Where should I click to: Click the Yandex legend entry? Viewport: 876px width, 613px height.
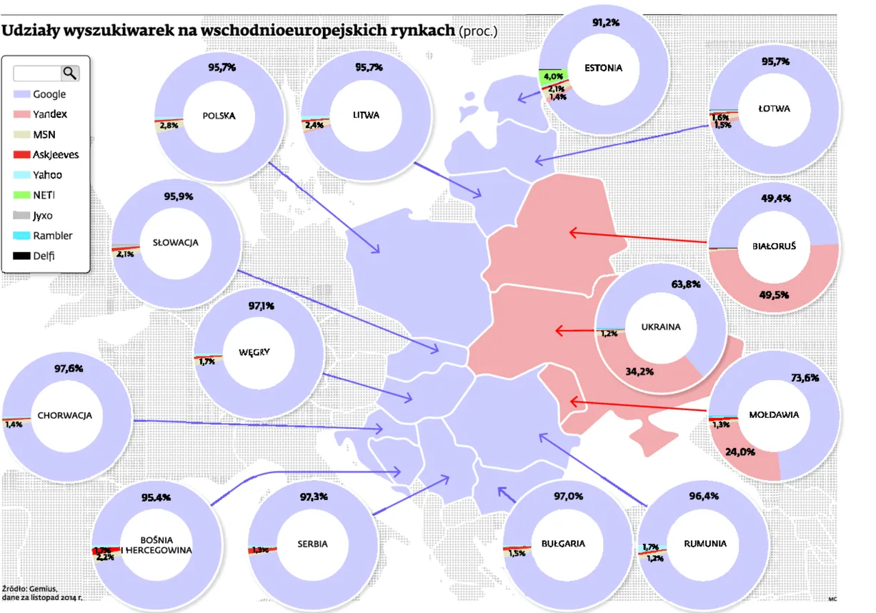[x=49, y=114]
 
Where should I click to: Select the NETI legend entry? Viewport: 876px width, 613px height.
[x=44, y=195]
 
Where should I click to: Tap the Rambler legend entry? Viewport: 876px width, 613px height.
[x=52, y=236]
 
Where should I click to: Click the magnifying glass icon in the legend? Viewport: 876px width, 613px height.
[x=70, y=73]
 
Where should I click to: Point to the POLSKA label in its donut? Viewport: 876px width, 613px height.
[x=219, y=116]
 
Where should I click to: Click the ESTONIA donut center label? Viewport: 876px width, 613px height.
[x=603, y=69]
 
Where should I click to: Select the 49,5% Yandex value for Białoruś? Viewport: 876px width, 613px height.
[x=775, y=294]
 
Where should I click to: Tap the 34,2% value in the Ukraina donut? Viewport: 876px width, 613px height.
[x=639, y=372]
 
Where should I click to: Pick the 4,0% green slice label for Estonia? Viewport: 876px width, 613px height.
[x=553, y=76]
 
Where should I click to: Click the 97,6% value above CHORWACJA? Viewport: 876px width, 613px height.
[x=69, y=369]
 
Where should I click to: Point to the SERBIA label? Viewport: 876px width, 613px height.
[x=312, y=544]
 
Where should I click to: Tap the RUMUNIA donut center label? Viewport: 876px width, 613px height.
[x=705, y=544]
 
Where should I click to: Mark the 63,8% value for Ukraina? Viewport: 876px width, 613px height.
[x=685, y=284]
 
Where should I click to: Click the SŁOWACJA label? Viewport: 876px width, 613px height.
[x=175, y=242]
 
